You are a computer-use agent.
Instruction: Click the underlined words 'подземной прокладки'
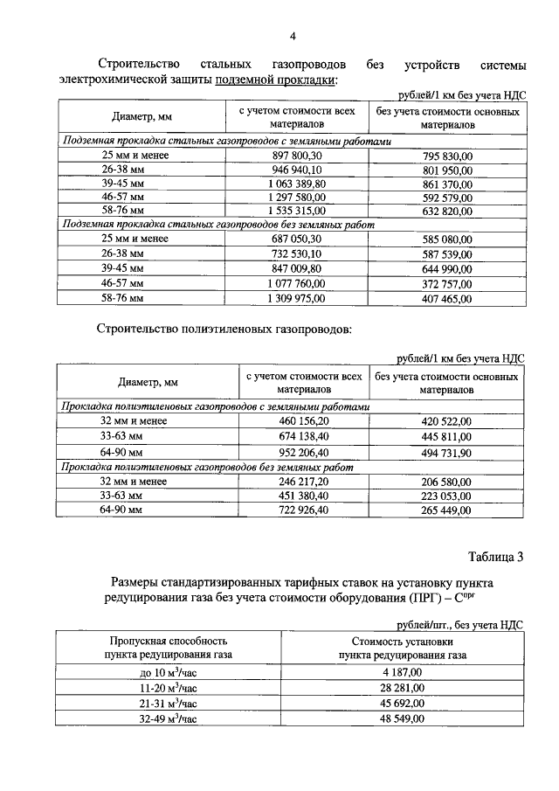pyautogui.click(x=285, y=80)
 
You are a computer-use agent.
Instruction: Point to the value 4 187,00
pyautogui.click(x=402, y=672)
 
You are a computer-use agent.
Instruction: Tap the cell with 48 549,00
pyautogui.click(x=402, y=718)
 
